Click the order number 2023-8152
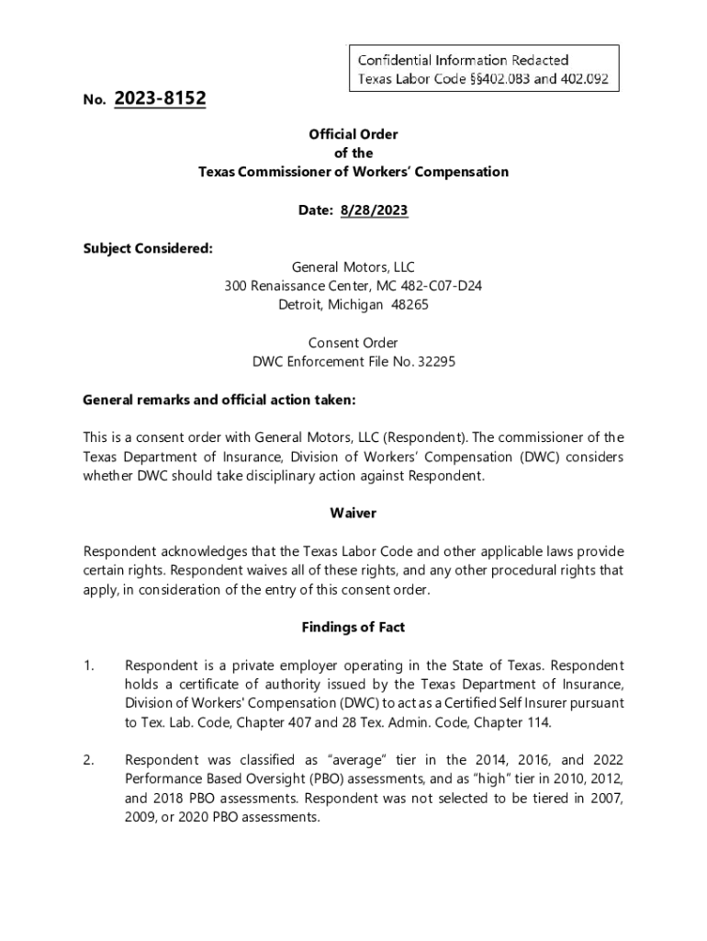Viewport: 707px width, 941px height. click(x=161, y=98)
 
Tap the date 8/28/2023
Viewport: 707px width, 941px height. click(x=374, y=210)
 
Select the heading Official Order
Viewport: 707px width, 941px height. click(x=353, y=134)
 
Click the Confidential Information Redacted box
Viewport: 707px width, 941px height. click(x=482, y=69)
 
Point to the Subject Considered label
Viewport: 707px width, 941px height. click(x=135, y=248)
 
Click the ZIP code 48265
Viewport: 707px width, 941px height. click(x=410, y=304)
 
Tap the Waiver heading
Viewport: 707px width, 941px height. click(x=353, y=513)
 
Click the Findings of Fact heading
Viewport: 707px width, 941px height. click(x=353, y=628)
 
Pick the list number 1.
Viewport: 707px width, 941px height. click(x=88, y=665)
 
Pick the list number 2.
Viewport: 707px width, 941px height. click(x=88, y=760)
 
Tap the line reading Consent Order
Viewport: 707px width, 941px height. click(x=353, y=343)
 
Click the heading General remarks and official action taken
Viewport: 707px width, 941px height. click(x=219, y=401)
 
